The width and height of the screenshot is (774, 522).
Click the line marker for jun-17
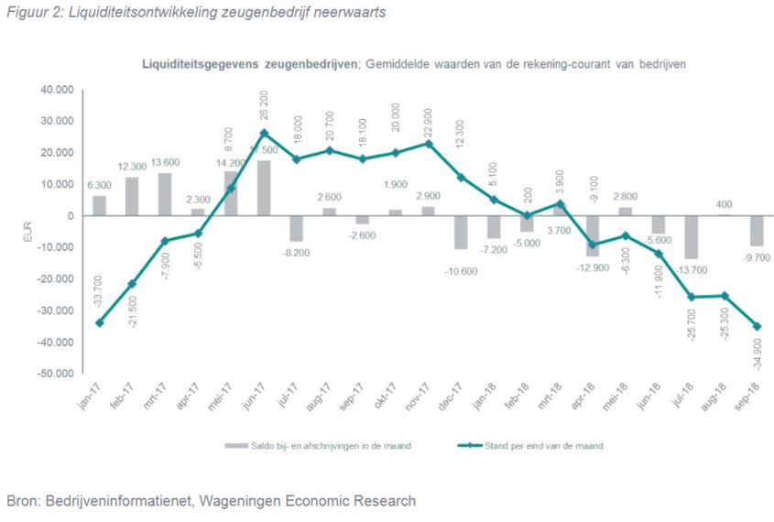click(x=264, y=133)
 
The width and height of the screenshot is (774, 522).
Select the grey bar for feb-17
click(x=132, y=196)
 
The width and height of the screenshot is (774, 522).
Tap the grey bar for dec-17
click(x=462, y=232)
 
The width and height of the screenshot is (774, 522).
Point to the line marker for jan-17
click(x=99, y=322)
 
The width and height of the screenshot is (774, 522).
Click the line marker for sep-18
click(x=758, y=326)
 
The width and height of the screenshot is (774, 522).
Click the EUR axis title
click(x=27, y=232)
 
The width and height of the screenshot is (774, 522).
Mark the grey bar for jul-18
click(x=692, y=237)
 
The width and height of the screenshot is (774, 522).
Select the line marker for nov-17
click(x=429, y=143)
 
